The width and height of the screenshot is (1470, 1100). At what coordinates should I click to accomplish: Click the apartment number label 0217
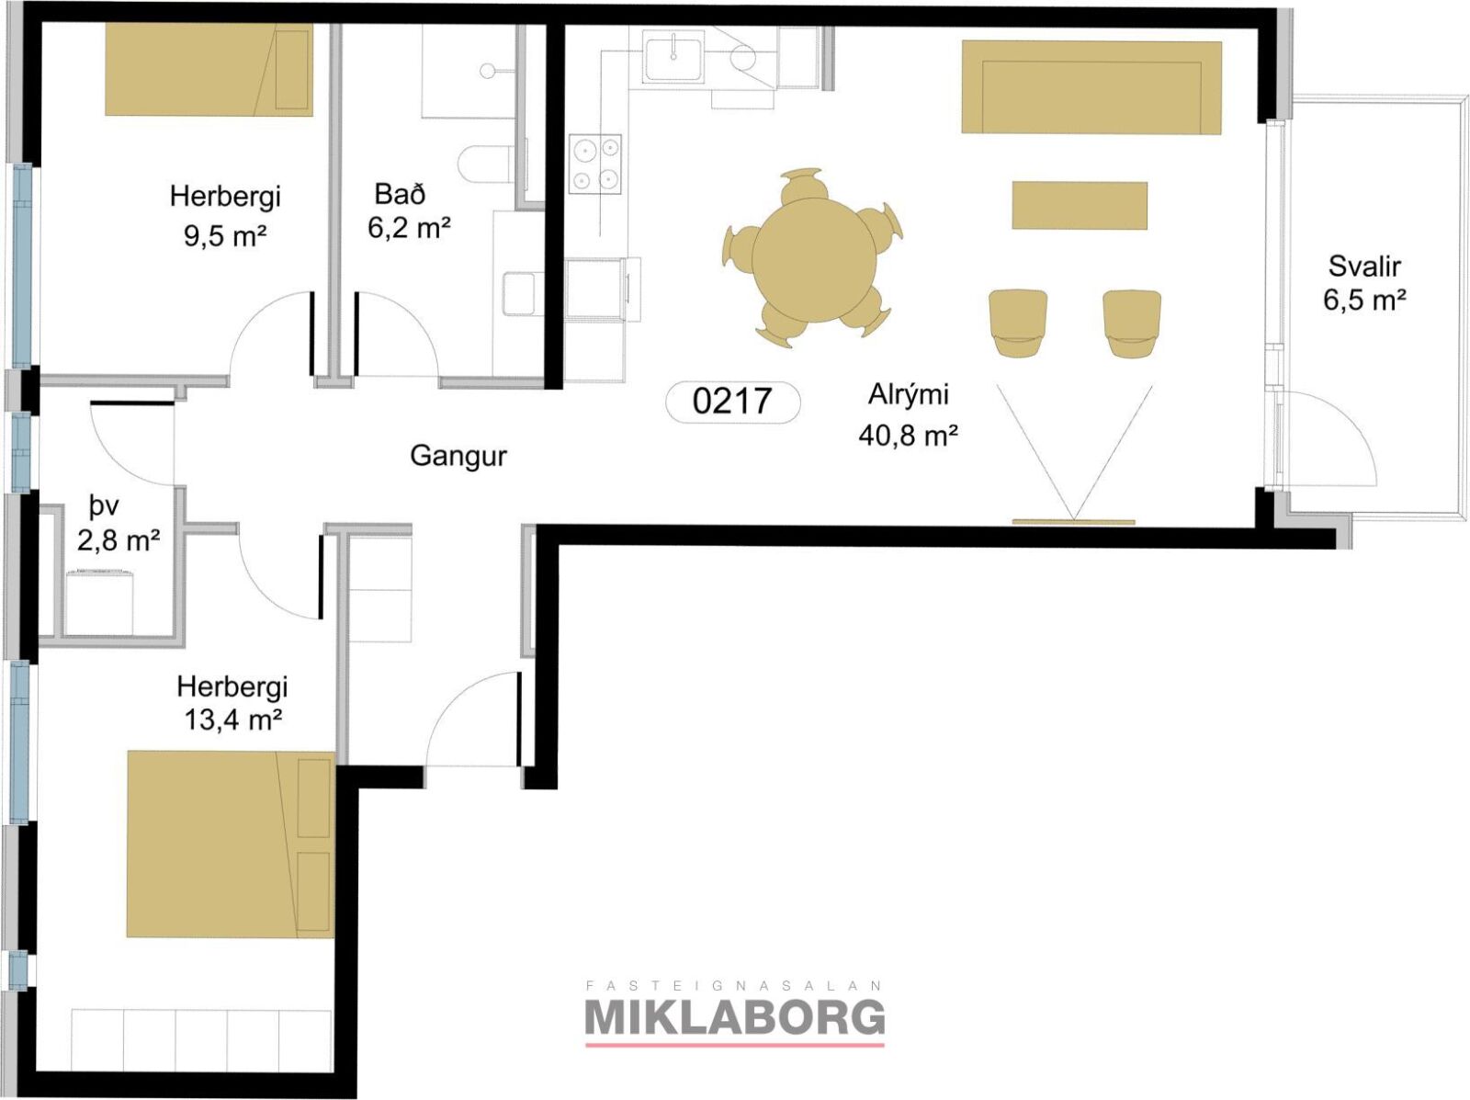point(732,402)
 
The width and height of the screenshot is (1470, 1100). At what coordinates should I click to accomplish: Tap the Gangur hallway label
point(458,456)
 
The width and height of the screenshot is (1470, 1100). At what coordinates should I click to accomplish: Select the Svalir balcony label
point(1364,266)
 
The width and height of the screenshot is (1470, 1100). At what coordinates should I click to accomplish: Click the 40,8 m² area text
point(908,437)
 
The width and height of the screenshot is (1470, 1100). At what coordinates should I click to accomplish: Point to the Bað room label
point(400,194)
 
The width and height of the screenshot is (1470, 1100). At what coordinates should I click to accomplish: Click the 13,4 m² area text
point(232,720)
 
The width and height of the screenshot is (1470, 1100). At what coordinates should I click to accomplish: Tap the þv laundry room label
point(104,507)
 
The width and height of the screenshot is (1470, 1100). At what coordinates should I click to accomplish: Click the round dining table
point(814,260)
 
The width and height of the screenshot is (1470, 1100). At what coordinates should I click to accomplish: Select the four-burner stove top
point(594,164)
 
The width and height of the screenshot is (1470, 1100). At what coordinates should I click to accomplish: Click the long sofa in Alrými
point(1091,87)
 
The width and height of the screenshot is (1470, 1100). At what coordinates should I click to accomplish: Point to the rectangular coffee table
point(1080,205)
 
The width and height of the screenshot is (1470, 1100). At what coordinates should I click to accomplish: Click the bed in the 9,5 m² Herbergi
point(209,70)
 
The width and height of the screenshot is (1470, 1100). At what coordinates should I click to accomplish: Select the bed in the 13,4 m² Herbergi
point(231,845)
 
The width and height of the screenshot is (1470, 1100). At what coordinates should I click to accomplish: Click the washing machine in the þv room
point(98,602)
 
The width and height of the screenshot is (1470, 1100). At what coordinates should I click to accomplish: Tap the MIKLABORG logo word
point(735,1017)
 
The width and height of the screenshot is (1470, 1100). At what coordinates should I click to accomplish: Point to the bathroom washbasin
point(518,293)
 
